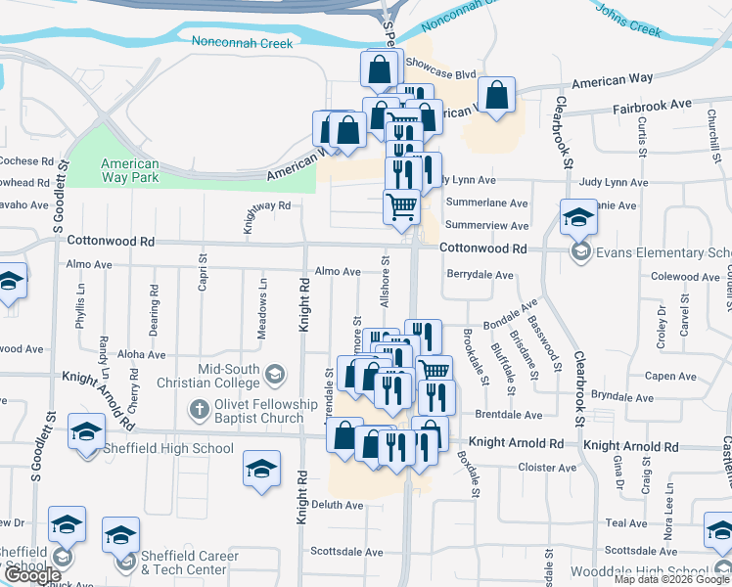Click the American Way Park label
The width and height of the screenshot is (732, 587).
click(130, 171)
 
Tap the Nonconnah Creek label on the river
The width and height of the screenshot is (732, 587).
click(242, 43)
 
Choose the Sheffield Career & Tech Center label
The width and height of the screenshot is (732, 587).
click(189, 563)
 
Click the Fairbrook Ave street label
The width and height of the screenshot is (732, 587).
click(652, 102)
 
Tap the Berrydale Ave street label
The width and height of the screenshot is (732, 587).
click(480, 276)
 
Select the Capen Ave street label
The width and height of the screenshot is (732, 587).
click(670, 376)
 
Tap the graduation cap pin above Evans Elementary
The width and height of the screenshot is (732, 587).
click(578, 217)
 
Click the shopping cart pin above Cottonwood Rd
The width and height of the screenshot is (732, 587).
click(401, 206)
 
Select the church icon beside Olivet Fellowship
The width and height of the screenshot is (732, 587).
click(200, 406)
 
